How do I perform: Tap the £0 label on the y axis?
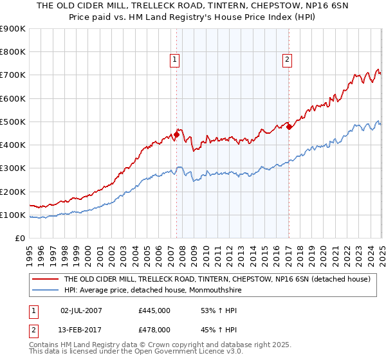20,239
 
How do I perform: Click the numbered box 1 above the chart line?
174,60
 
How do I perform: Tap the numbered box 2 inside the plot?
286,60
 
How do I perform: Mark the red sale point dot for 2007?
176,135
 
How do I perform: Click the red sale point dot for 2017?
289,127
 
